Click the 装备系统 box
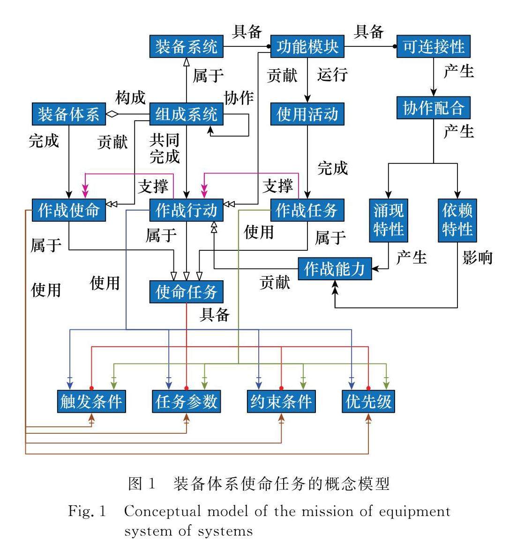(x=187, y=47)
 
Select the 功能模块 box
(x=307, y=47)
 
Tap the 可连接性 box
(x=434, y=47)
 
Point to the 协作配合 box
(x=434, y=108)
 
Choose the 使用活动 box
(x=307, y=114)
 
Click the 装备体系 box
(x=69, y=114)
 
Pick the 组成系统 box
(x=187, y=114)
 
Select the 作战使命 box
(x=69, y=210)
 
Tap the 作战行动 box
(x=187, y=210)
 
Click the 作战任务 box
(x=307, y=210)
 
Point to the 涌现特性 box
(x=389, y=220)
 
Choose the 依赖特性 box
(x=457, y=220)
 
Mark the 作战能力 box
(x=335, y=269)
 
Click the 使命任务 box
(x=187, y=292)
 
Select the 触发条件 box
(x=91, y=401)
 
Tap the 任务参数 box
(x=187, y=401)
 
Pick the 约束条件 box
(x=281, y=401)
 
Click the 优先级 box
(x=368, y=401)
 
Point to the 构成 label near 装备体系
(x=130, y=98)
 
